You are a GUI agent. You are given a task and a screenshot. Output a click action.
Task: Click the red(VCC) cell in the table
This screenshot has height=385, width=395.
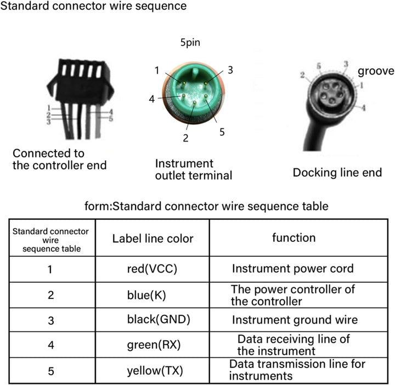click(x=152, y=269)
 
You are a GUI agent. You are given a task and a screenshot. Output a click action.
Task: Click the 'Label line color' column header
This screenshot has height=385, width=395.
click(x=153, y=239)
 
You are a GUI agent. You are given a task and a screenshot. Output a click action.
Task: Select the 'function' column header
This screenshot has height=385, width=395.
click(x=294, y=237)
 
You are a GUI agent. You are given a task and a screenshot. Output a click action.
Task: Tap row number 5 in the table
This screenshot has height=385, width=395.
click(x=51, y=371)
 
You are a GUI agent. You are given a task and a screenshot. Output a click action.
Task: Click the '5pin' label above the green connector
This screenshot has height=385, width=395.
click(x=190, y=42)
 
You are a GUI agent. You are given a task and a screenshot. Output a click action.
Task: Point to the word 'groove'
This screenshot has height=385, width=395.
click(x=376, y=71)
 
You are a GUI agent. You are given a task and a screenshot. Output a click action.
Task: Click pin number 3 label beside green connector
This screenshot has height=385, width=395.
click(x=230, y=70)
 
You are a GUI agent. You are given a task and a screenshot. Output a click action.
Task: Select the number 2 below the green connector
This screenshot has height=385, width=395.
click(x=185, y=138)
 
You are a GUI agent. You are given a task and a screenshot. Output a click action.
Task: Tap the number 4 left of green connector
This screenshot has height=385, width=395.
click(x=151, y=99)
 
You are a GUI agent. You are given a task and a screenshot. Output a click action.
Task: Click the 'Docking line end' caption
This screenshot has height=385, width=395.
click(x=337, y=173)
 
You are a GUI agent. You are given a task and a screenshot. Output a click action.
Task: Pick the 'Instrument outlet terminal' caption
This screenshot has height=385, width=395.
click(x=194, y=169)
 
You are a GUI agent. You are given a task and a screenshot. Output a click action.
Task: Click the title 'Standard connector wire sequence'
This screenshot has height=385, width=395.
click(x=93, y=6)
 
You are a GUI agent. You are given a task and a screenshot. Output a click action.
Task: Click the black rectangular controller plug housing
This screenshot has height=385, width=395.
click(x=80, y=82)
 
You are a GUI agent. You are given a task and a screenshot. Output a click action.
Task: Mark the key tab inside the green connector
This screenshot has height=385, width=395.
click(x=194, y=74)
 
